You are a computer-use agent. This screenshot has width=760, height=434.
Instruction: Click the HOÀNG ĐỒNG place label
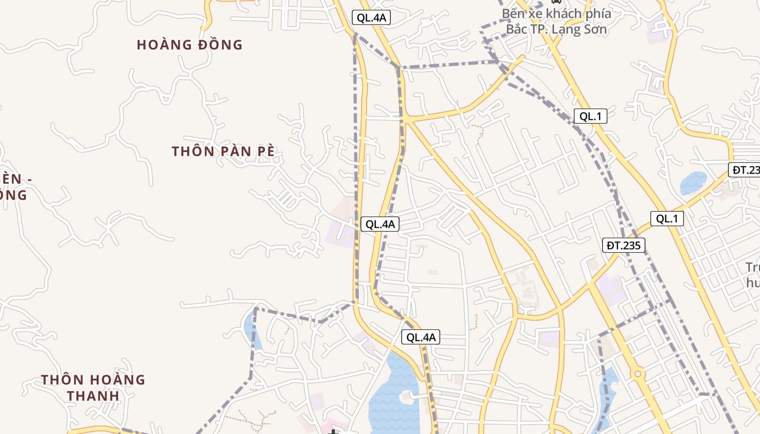coord(189,44)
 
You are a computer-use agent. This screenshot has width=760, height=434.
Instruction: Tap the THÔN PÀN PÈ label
coord(223,151)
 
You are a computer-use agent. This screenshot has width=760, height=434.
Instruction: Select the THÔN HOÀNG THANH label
coord(93,387)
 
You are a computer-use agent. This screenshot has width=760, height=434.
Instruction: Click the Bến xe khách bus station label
coord(556,21)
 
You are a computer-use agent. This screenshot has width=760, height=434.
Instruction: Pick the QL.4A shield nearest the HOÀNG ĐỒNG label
coord(371,17)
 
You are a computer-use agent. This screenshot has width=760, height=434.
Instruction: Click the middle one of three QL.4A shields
coord(380,224)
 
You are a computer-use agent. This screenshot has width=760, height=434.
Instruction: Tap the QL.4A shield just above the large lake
coord(421,337)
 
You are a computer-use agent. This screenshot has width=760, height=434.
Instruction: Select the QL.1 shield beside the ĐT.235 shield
coord(667,219)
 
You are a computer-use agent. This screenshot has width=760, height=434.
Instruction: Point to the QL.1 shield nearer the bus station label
coord(590,116)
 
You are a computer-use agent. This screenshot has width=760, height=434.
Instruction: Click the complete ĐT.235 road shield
coord(624,245)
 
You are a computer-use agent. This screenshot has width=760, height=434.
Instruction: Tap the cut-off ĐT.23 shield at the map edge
coord(745,170)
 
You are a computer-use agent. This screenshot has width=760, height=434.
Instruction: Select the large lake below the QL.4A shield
coord(392,396)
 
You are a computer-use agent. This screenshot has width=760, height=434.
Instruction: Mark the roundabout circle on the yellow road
coord(637,374)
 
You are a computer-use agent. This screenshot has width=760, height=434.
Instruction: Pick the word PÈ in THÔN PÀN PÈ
coord(262,151)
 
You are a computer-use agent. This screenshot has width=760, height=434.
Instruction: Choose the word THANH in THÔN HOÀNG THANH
coord(93,395)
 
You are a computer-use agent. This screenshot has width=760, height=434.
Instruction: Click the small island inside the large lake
coord(407,395)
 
